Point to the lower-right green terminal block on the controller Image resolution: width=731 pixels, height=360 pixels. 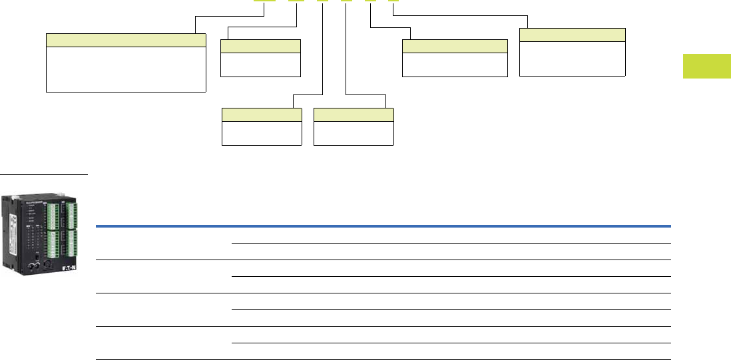(x=71, y=244)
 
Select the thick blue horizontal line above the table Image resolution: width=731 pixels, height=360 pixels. (x=383, y=226)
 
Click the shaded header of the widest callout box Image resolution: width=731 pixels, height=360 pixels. (x=125, y=41)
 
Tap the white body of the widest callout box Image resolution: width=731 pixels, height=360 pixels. (x=125, y=69)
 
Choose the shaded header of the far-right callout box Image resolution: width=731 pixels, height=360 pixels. (x=572, y=35)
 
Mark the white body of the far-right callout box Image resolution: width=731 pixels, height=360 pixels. (x=572, y=59)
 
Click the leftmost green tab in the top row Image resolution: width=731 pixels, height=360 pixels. (x=264, y=1)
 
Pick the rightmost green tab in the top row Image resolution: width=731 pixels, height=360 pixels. (x=393, y=1)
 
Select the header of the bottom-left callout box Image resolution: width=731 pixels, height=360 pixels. (x=261, y=114)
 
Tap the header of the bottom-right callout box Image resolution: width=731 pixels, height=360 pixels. (x=354, y=114)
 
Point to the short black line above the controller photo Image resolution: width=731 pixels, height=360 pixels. (x=44, y=175)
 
